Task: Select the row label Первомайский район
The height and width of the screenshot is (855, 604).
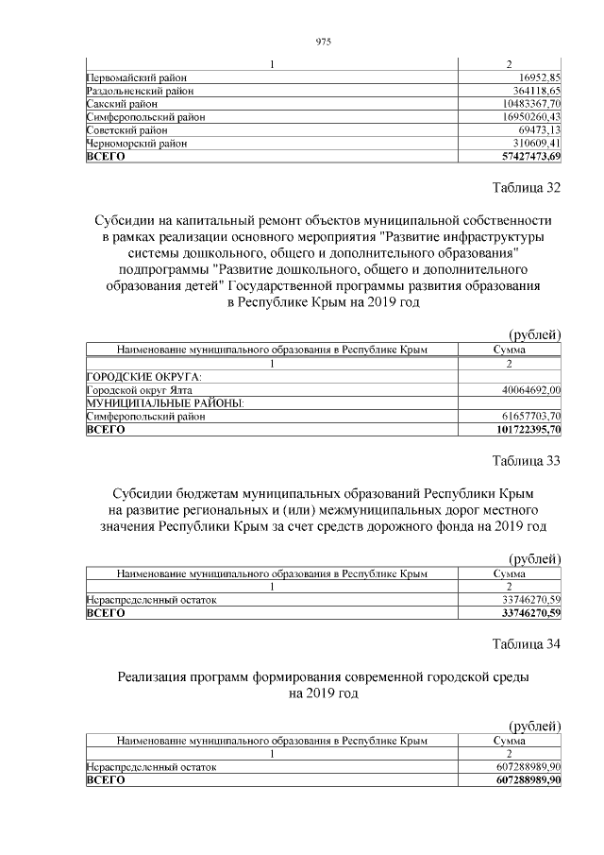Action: click(136, 77)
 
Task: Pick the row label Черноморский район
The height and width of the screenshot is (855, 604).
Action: click(136, 144)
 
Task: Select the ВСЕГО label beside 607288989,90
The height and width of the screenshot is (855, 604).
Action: click(106, 781)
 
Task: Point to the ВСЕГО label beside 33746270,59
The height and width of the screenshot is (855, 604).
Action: click(106, 613)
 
